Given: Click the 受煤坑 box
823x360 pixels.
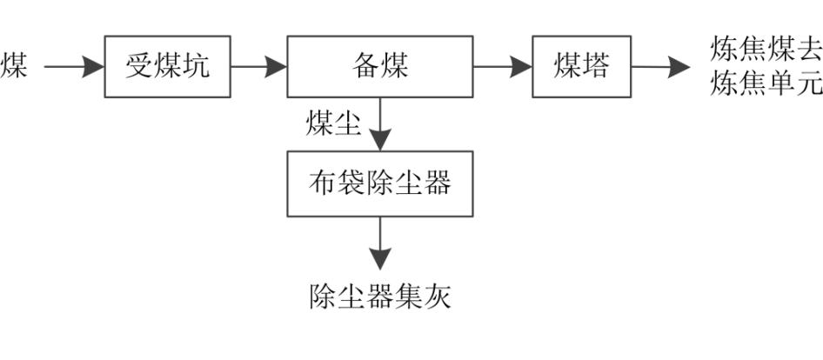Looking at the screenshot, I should (x=168, y=67).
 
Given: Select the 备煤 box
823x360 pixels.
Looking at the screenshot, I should (x=380, y=67).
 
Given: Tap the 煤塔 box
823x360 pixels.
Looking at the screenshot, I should (x=582, y=67).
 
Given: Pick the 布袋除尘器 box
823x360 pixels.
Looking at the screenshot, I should (x=380, y=183).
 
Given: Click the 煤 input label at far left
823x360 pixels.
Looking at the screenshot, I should (x=13, y=67).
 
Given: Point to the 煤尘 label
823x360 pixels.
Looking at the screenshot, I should (x=332, y=123).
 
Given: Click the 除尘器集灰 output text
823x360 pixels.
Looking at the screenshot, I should (x=380, y=297).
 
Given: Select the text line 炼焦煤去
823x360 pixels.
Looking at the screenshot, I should (x=766, y=50).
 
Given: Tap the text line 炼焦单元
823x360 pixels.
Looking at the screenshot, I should (x=766, y=84).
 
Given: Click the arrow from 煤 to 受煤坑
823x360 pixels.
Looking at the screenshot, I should (x=74, y=67).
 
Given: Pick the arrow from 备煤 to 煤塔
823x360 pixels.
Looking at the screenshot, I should (x=503, y=67).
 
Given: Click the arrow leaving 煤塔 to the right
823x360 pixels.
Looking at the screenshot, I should (x=661, y=67).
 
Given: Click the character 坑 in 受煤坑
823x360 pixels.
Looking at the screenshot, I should (x=196, y=67).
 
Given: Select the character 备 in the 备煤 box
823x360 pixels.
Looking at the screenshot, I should (x=366, y=67).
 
